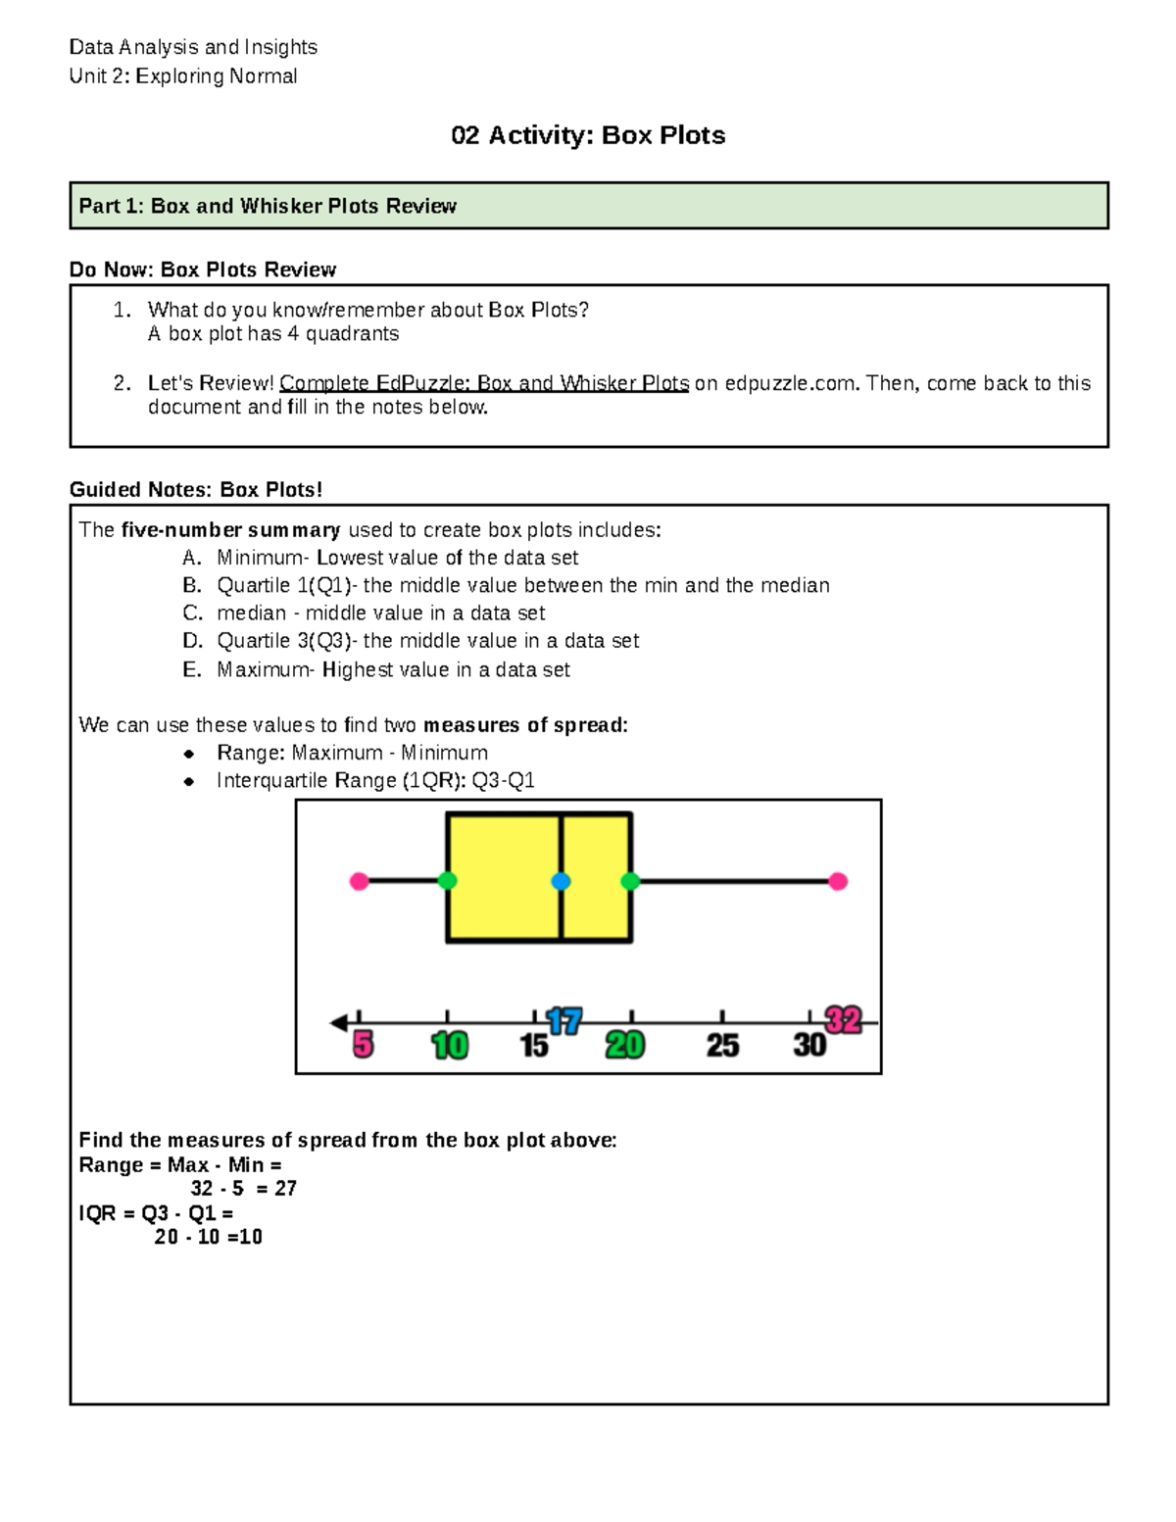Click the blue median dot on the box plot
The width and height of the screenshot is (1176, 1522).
(x=561, y=881)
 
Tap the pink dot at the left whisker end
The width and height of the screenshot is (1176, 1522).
(x=360, y=881)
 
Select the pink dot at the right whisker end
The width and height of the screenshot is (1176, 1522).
(x=838, y=881)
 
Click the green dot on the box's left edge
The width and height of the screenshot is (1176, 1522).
(x=447, y=881)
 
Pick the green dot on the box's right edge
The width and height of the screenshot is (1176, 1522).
(x=630, y=881)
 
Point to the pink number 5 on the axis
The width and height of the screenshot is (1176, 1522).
(x=363, y=1045)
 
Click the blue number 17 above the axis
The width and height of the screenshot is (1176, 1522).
(x=564, y=1021)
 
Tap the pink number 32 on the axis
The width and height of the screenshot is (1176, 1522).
(x=843, y=1020)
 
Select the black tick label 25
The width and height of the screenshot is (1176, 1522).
(x=722, y=1046)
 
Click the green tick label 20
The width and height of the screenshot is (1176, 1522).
(x=624, y=1046)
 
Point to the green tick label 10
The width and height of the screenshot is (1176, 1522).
(x=450, y=1046)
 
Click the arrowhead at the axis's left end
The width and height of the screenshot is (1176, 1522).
(x=339, y=1023)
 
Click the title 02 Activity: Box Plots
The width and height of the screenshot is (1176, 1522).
(x=588, y=135)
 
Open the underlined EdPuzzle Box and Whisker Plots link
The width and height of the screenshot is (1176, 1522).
(x=484, y=383)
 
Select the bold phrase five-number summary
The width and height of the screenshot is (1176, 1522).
(x=230, y=530)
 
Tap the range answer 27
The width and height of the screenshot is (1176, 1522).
(x=285, y=1188)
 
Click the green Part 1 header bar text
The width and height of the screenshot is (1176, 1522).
(x=268, y=206)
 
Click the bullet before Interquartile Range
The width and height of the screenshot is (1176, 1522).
(x=189, y=781)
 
